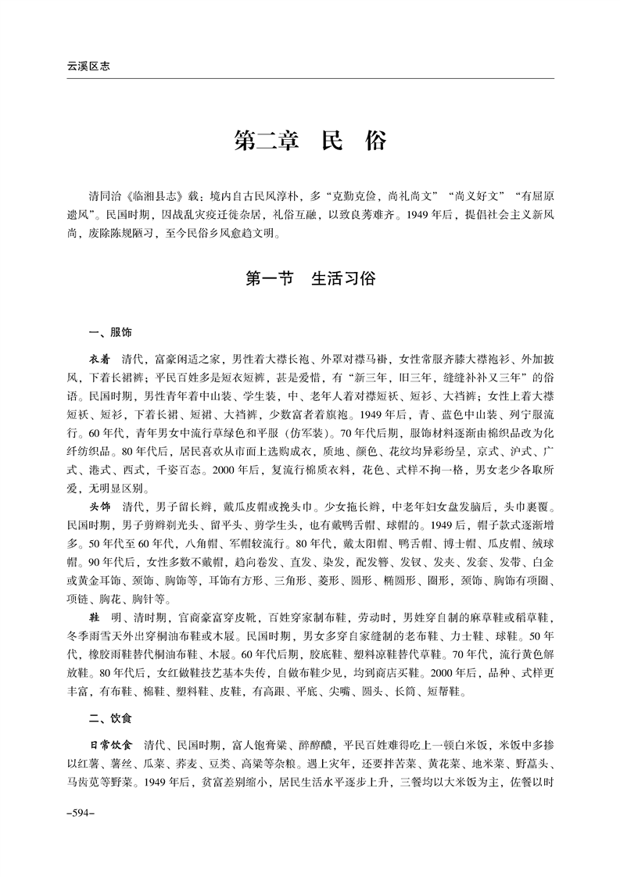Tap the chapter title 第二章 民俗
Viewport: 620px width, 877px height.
click(x=310, y=143)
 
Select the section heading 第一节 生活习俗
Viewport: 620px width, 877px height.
click(x=310, y=278)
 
